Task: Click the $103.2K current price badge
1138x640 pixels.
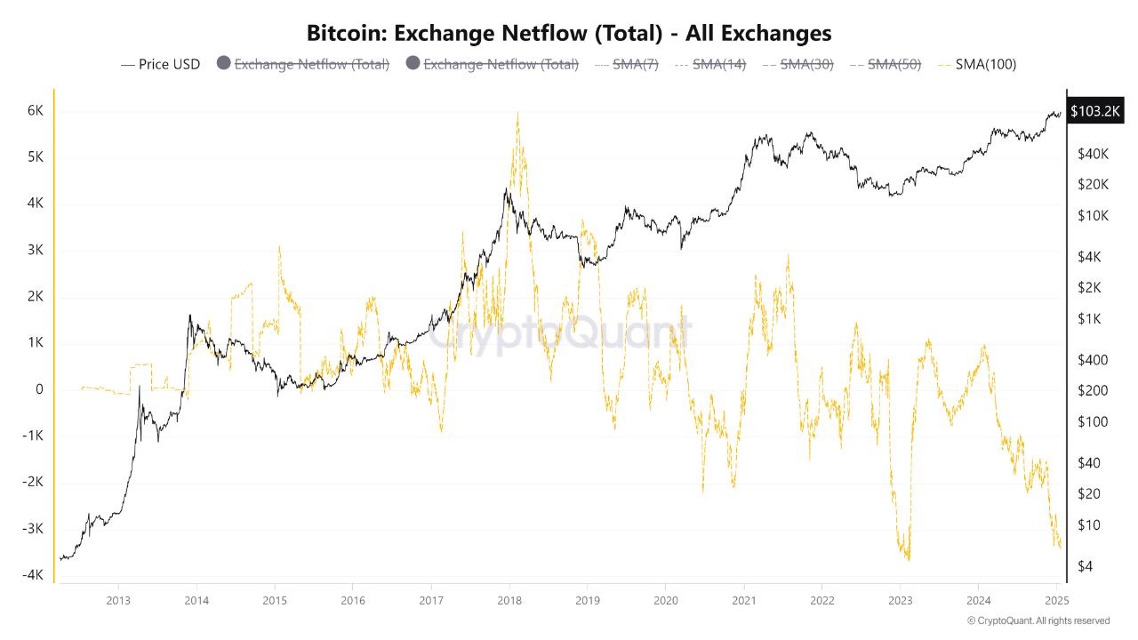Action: [1096, 111]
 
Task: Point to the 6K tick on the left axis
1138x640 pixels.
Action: [35, 111]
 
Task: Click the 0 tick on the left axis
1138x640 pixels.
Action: [39, 389]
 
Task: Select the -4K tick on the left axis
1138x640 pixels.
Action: [33, 575]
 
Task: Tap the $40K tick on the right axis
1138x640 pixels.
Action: [1092, 154]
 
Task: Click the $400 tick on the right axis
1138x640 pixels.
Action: [1092, 360]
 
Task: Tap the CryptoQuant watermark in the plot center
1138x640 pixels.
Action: [560, 334]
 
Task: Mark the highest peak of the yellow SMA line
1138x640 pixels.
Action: [517, 112]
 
